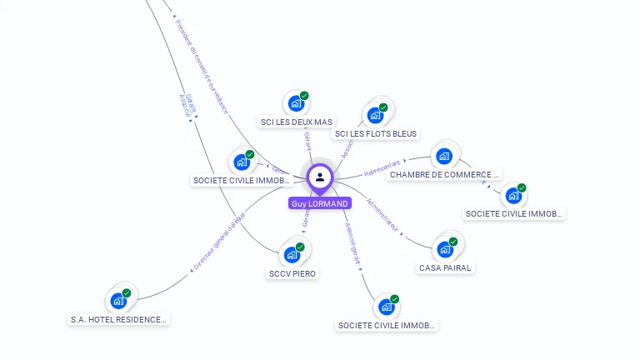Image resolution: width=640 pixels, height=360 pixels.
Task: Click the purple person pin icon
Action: tap(320, 177)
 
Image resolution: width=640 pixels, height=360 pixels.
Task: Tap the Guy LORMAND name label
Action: tap(320, 203)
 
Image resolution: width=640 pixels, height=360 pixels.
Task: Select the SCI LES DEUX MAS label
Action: tap(296, 122)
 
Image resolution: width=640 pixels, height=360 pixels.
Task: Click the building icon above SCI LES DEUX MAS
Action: tap(295, 103)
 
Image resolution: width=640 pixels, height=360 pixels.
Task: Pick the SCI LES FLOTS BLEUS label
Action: tap(375, 133)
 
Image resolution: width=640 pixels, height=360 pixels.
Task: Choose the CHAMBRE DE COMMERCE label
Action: tap(445, 175)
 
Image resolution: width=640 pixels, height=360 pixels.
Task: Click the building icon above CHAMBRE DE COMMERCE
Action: tap(444, 156)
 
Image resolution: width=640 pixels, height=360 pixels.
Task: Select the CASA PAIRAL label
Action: tap(445, 268)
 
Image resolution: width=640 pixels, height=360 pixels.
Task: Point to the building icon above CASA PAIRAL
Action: tap(445, 248)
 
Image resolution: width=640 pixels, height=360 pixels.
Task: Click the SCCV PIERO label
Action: tap(293, 273)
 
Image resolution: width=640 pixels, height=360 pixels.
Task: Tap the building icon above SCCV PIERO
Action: tap(292, 254)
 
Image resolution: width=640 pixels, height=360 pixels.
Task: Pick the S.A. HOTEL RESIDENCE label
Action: tap(118, 319)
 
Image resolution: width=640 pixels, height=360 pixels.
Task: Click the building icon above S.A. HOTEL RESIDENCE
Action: tap(118, 300)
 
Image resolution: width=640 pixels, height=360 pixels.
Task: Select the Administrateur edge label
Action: tap(383, 215)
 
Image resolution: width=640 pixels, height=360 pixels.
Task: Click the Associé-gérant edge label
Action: tap(352, 242)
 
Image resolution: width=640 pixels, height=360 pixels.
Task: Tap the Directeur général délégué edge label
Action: tap(219, 242)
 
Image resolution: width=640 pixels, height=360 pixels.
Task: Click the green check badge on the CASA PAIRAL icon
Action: tap(453, 242)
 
